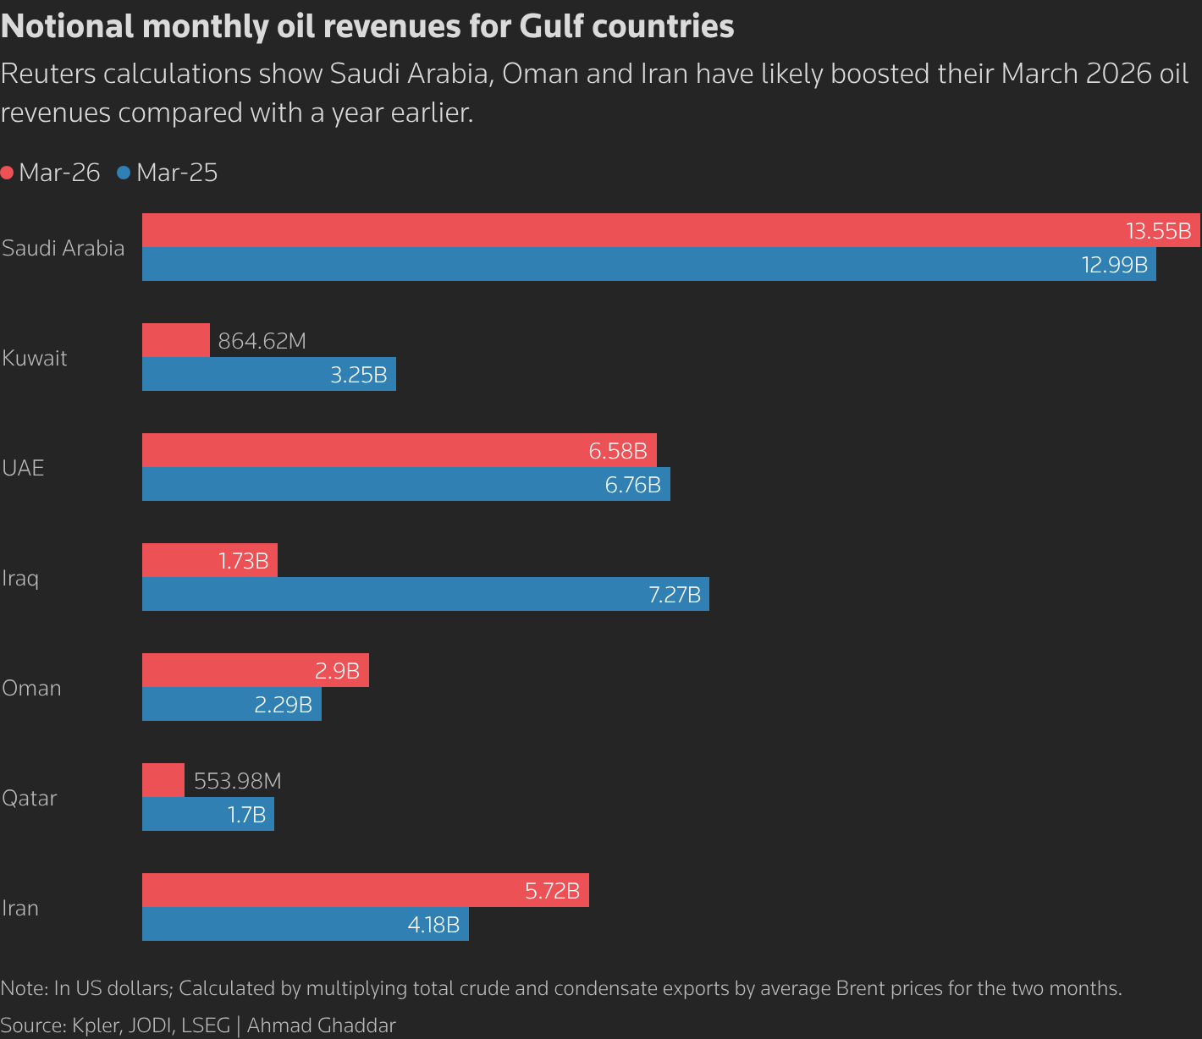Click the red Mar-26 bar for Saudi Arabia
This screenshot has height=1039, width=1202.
point(626,230)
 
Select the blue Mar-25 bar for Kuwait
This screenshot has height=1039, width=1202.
point(254,374)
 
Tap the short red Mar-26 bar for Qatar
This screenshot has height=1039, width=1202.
point(163,780)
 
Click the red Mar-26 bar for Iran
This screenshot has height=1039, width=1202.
point(339,890)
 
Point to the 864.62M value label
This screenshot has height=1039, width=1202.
point(262,341)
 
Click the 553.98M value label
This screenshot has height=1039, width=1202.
point(237,781)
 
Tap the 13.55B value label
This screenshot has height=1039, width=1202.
point(1158,231)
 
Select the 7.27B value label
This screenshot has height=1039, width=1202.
point(675,595)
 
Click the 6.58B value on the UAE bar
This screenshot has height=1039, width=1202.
point(618,451)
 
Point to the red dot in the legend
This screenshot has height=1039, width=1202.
point(8,173)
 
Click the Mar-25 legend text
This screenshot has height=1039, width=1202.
point(177,173)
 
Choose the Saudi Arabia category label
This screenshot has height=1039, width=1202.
point(63,248)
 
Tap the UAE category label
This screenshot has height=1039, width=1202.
point(23,468)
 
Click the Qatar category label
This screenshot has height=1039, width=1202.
point(30,798)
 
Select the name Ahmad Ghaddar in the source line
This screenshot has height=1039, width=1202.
point(321,1025)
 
